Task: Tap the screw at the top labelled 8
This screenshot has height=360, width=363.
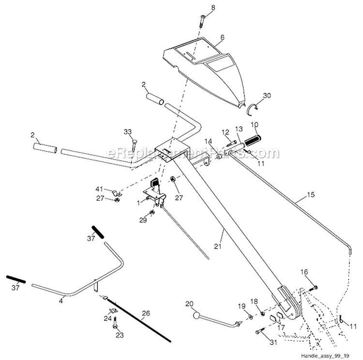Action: coord(201,21)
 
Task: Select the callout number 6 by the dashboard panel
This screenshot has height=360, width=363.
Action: coord(222,36)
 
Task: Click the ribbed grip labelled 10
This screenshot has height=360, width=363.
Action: coord(253,141)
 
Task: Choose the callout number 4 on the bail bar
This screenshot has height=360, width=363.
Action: coord(61,300)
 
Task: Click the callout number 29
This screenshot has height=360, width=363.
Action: coord(142,221)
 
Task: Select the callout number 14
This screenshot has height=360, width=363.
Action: coord(208,141)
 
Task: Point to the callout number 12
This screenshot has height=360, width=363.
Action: coord(225,133)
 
